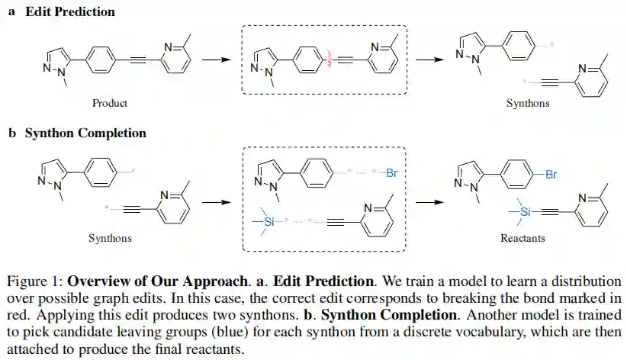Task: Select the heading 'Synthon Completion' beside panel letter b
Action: click(85, 133)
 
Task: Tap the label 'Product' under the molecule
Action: click(110, 103)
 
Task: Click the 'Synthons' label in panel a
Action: click(527, 103)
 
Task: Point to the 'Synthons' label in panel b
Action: click(110, 238)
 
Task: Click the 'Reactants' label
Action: click(522, 238)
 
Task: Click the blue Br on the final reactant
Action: click(551, 174)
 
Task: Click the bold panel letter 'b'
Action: click(12, 133)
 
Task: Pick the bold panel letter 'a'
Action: click(11, 11)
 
